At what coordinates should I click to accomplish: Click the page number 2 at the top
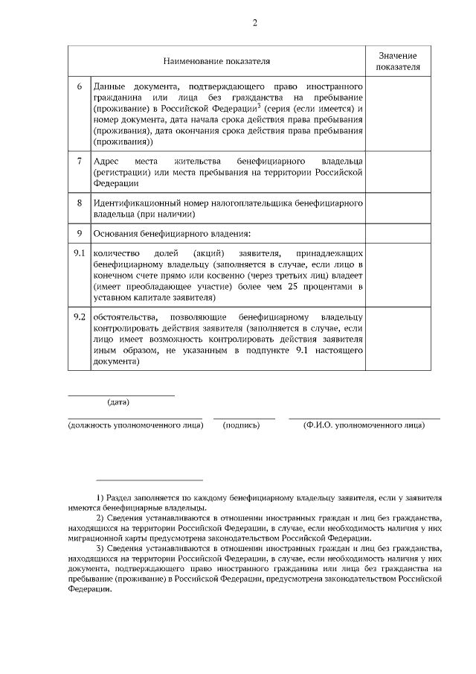(254, 22)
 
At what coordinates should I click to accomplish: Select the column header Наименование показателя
(216, 60)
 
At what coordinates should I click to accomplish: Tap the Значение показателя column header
(398, 61)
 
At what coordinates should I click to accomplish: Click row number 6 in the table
(80, 86)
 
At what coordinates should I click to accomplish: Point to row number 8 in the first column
(80, 203)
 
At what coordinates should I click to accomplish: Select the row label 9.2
(80, 317)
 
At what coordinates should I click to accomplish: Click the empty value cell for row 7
(398, 172)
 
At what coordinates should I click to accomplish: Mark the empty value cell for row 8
(398, 209)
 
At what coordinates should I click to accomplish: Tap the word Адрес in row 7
(106, 160)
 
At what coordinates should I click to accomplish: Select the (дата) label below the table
(118, 403)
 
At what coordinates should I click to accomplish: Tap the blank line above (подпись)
(244, 418)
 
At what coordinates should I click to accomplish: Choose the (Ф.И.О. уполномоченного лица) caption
(364, 425)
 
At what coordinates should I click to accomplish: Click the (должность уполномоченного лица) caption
(135, 425)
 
